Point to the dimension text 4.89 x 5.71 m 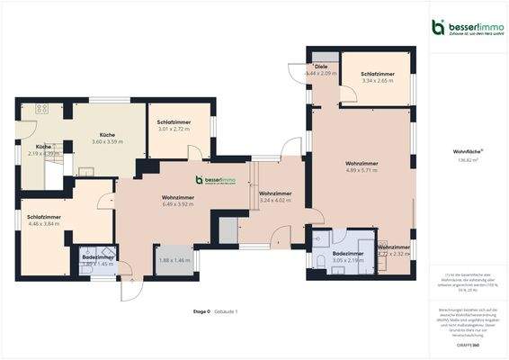[361, 170]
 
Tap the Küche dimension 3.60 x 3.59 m [107, 141]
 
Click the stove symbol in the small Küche [41, 109]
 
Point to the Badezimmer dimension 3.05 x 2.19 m [347, 259]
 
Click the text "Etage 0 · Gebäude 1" [215, 310]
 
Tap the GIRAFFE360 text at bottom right [467, 345]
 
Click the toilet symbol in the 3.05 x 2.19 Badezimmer [321, 261]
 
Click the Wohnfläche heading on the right [467, 152]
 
